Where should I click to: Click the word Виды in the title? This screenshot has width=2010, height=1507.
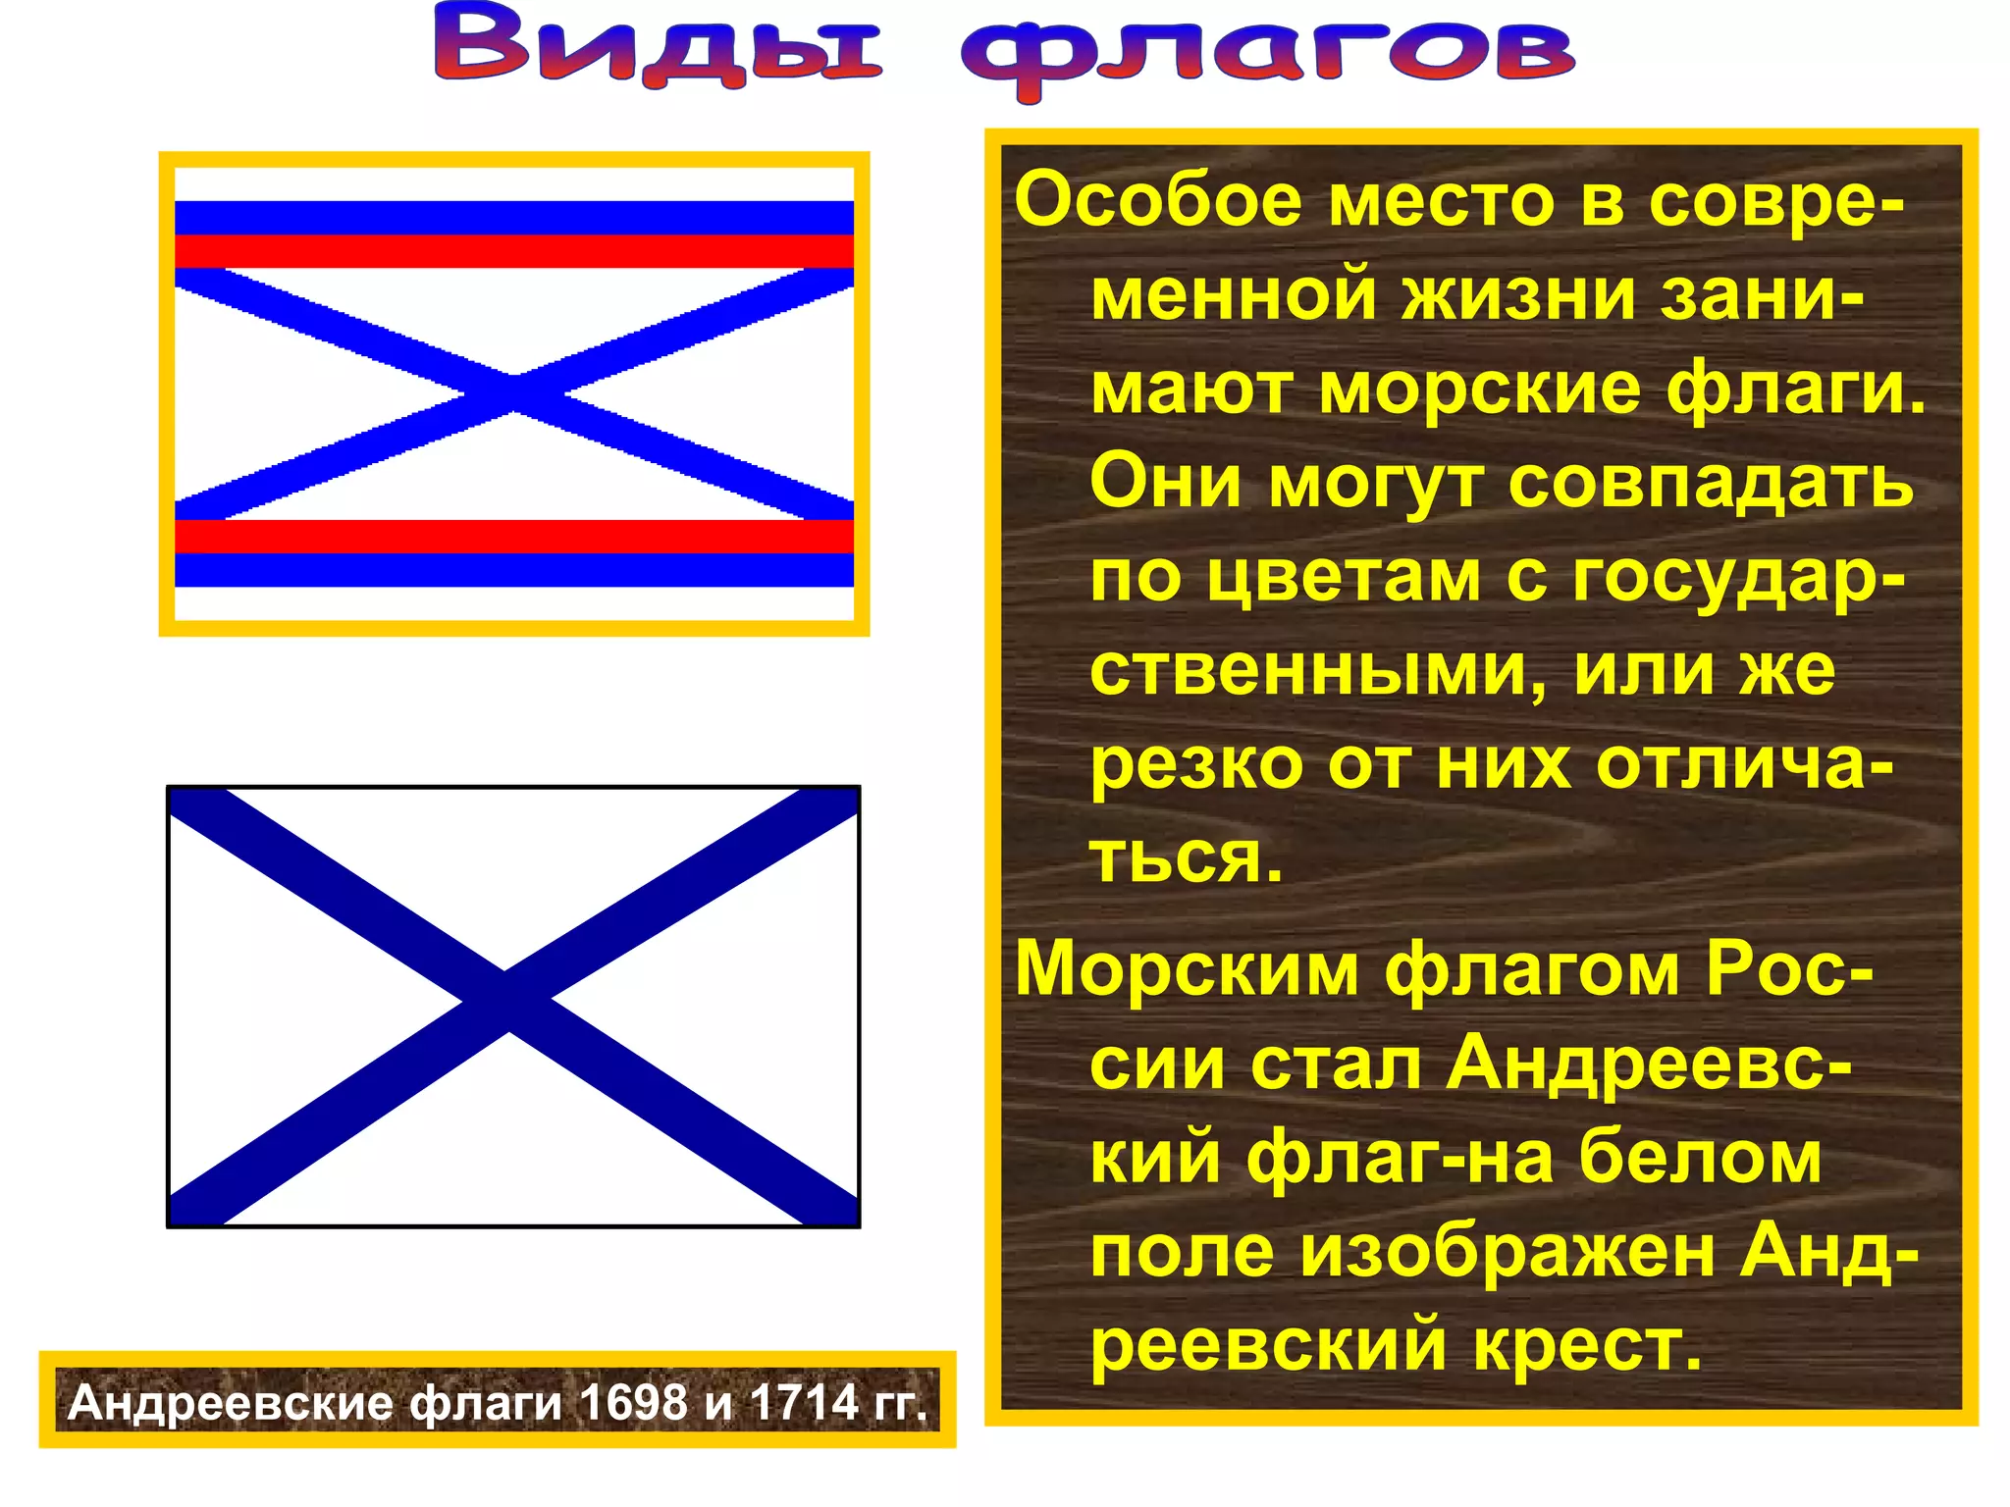point(659,46)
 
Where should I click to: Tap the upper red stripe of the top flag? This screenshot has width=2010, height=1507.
point(514,251)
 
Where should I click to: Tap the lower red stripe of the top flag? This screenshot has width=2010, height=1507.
point(514,537)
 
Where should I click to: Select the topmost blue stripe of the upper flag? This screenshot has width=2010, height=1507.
point(514,218)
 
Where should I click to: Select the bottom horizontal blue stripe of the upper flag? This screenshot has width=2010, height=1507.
point(514,570)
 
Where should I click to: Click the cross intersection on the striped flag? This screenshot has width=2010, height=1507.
point(514,394)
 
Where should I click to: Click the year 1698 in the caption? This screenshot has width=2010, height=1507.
point(634,1402)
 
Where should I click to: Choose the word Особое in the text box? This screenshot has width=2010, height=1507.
point(1159,200)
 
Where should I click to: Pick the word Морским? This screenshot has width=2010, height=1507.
point(1187,969)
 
